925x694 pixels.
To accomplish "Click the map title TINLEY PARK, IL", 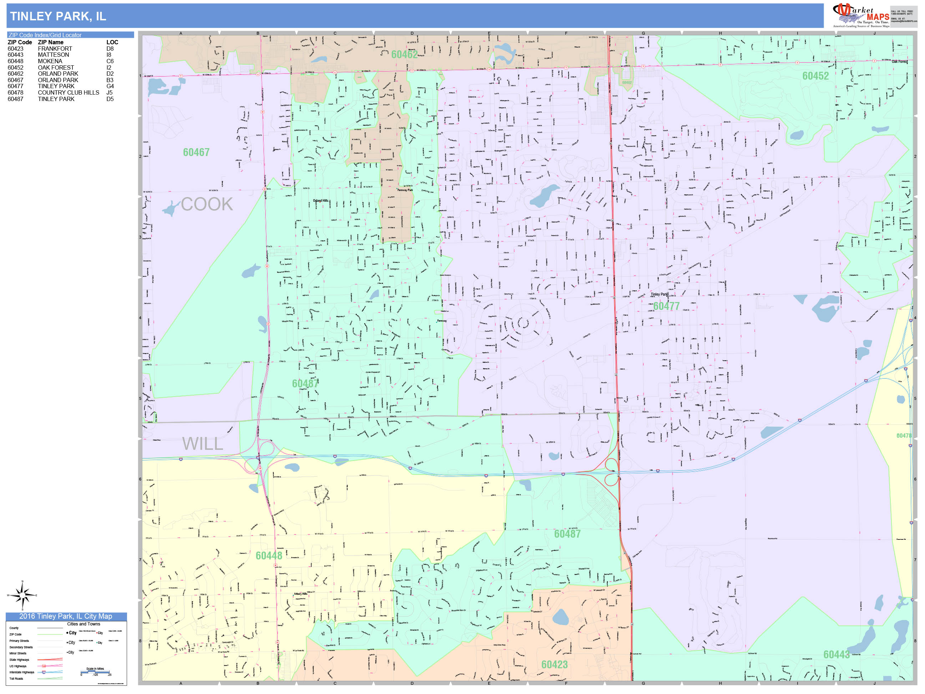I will pyautogui.click(x=58, y=16).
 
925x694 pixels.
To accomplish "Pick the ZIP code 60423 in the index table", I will pyautogui.click(x=15, y=49).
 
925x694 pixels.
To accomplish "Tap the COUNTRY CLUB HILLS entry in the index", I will pyautogui.click(x=69, y=92).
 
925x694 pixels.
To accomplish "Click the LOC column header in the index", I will pyautogui.click(x=112, y=42).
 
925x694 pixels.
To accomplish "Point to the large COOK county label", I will pyautogui.click(x=207, y=204).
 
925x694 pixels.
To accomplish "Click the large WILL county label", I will pyautogui.click(x=202, y=443).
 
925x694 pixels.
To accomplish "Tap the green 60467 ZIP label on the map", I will pyautogui.click(x=196, y=152).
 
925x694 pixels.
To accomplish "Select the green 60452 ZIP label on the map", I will pyautogui.click(x=815, y=76).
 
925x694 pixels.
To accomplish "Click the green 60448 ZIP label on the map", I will pyautogui.click(x=269, y=555).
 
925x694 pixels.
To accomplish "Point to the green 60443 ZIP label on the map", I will pyautogui.click(x=836, y=655).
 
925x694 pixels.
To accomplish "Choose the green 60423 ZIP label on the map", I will pyautogui.click(x=555, y=665).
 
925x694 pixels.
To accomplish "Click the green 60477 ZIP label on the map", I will pyautogui.click(x=666, y=306).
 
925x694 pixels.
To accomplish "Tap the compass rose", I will pyautogui.click(x=22, y=595).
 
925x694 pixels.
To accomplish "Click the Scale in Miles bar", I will pyautogui.click(x=96, y=672).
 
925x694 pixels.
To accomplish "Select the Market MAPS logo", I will pyautogui.click(x=861, y=15).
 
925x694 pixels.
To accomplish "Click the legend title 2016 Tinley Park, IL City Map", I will pyautogui.click(x=66, y=616).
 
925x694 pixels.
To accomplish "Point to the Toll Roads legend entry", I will pyautogui.click(x=16, y=679).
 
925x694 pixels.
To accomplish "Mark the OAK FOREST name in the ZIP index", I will pyautogui.click(x=56, y=67).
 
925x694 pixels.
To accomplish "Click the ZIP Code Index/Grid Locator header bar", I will pyautogui.click(x=70, y=35).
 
